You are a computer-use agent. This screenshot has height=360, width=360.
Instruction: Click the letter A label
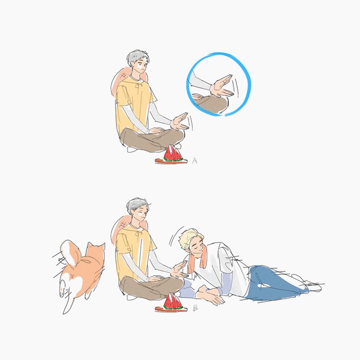[x=195, y=160]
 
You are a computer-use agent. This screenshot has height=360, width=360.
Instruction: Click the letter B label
[x=195, y=308]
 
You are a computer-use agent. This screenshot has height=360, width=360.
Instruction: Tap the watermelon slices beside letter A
[x=173, y=154]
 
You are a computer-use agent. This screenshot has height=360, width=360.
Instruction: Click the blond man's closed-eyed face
[x=196, y=248]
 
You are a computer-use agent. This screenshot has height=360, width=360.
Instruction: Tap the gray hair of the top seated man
[x=137, y=57]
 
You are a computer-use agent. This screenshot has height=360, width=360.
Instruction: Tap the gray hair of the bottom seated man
[x=137, y=205]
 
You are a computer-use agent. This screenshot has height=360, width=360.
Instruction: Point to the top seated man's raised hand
[x=180, y=122]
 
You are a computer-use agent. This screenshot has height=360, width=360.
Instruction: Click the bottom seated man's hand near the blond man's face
[x=180, y=270]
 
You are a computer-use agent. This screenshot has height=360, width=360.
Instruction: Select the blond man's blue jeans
[x=273, y=283]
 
